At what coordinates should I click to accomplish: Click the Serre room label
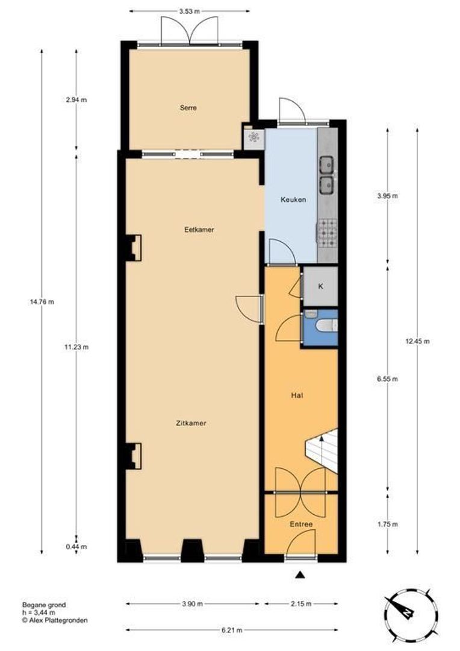(x=188, y=107)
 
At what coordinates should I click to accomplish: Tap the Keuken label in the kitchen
(x=293, y=200)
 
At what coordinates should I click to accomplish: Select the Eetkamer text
(x=199, y=229)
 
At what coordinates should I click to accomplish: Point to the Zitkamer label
(x=191, y=424)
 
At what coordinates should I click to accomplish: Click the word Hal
(x=297, y=395)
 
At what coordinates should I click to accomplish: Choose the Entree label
(x=301, y=524)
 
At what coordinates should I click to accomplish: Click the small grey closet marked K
(x=321, y=286)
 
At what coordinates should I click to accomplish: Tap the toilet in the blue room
(x=327, y=326)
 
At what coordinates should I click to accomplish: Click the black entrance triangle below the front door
(x=300, y=575)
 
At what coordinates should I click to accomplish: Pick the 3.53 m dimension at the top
(x=189, y=11)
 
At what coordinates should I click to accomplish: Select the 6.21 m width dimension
(x=232, y=630)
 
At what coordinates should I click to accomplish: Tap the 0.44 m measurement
(x=76, y=547)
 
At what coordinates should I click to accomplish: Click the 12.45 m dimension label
(x=417, y=341)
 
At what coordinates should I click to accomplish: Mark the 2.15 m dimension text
(x=301, y=603)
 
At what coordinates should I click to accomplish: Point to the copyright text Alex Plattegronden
(x=55, y=620)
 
